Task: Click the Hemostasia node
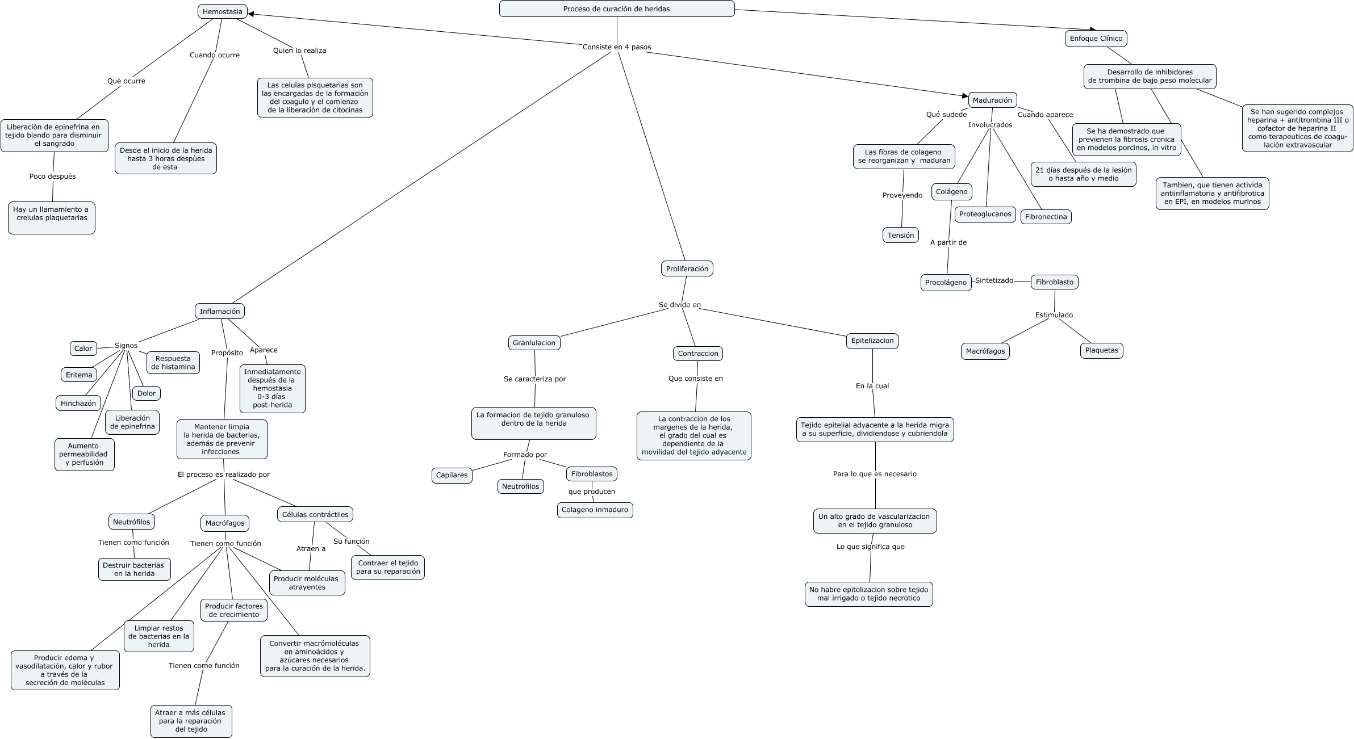tap(222, 11)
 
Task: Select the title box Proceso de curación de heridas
tap(616, 9)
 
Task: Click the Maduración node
tap(992, 100)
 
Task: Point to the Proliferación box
tap(687, 268)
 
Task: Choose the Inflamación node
tap(220, 311)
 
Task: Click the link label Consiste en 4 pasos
tap(617, 47)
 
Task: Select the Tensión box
tap(901, 235)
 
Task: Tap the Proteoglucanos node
tap(985, 214)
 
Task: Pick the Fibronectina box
tap(1046, 217)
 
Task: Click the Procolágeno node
tap(946, 282)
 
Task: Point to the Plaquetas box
tap(1101, 350)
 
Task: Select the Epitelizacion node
tap(872, 341)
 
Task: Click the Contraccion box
tap(698, 354)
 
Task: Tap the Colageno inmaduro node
tap(595, 510)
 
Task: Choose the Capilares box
tap(452, 475)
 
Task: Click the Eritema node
tap(79, 375)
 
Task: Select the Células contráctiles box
tap(315, 514)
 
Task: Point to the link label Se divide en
tap(680, 305)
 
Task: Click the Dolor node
tap(147, 393)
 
